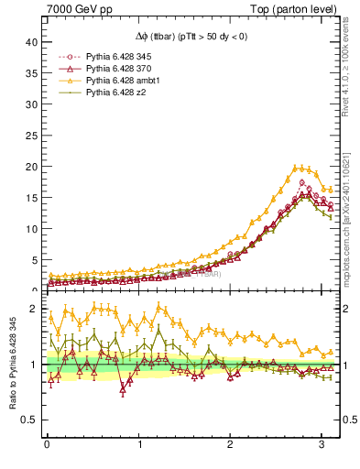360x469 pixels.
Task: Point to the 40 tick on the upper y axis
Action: coord(31,42)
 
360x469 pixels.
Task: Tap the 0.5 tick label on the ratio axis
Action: coord(30,420)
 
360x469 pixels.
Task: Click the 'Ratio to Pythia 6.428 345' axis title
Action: coord(11,375)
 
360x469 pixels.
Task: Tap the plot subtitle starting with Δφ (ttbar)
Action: coord(192,38)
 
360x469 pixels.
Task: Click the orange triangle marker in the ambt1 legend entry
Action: coord(62,81)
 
